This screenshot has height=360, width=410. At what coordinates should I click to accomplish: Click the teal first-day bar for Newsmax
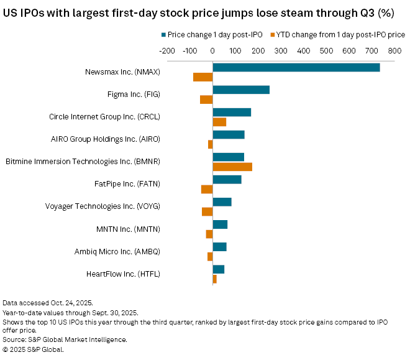pos(296,67)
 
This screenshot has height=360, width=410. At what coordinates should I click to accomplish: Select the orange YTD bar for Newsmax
pos(203,77)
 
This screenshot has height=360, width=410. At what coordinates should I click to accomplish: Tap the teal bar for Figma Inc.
pos(241,90)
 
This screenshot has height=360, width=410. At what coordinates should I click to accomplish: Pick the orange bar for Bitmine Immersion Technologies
pos(232,167)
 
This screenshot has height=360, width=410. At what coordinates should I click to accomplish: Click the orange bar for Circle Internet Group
pos(219,122)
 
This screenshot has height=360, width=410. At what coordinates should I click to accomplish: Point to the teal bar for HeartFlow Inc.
pos(219,269)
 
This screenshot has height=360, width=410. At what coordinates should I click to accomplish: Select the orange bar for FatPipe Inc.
pos(207,189)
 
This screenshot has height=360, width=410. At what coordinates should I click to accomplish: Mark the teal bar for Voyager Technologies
pos(222,202)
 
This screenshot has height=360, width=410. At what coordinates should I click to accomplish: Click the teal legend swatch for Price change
pos(163,34)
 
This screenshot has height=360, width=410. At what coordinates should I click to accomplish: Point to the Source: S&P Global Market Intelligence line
pos(65,339)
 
